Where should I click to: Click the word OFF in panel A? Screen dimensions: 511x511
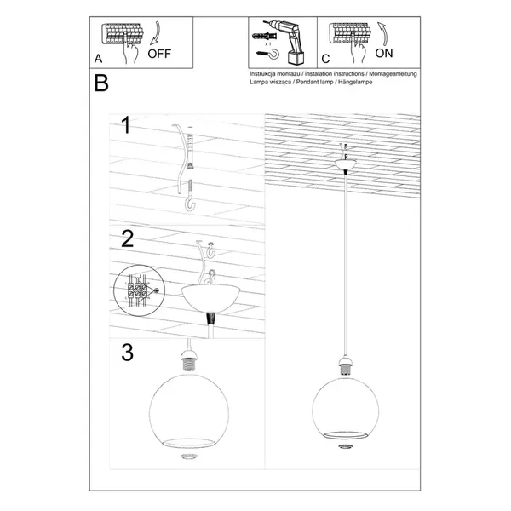pyautogui.click(x=161, y=52)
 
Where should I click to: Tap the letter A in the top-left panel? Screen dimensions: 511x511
pyautogui.click(x=100, y=60)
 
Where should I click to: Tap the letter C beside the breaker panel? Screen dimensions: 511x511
pyautogui.click(x=325, y=60)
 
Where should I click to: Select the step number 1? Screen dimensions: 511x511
pyautogui.click(x=125, y=127)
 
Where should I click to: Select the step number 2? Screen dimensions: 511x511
pyautogui.click(x=127, y=238)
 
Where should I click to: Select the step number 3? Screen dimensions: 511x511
pyautogui.click(x=127, y=352)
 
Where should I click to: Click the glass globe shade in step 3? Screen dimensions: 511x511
pyautogui.click(x=188, y=411)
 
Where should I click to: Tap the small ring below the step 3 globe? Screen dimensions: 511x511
pyautogui.click(x=188, y=458)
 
